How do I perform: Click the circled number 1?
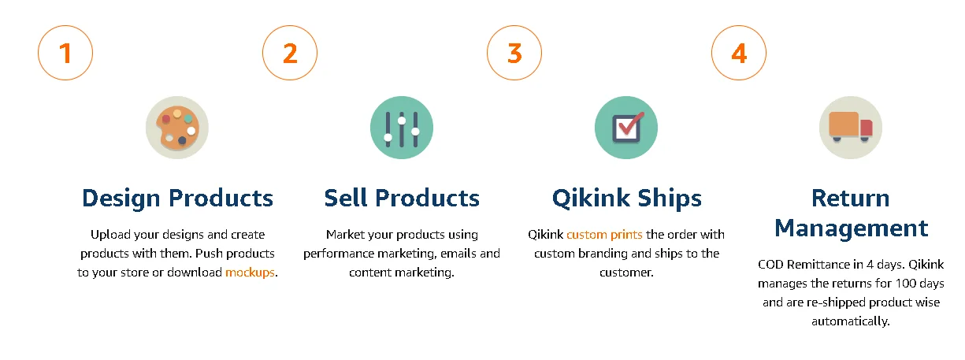tap(65, 54)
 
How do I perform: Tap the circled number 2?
tap(290, 54)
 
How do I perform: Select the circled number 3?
tap(514, 54)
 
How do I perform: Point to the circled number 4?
tap(739, 54)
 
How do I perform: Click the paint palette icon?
tap(177, 128)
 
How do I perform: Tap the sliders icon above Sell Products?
tap(402, 128)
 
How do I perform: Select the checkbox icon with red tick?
tap(626, 128)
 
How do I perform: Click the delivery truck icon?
tap(851, 128)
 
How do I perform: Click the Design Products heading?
tap(177, 198)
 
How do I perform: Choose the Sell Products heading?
tap(402, 198)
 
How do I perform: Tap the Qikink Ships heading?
tap(626, 198)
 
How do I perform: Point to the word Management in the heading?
tap(851, 228)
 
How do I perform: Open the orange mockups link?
tap(250, 273)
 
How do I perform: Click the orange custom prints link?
tap(604, 235)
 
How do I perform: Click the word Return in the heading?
tap(851, 198)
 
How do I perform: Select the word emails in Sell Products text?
tap(451, 254)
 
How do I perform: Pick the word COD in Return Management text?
tap(771, 265)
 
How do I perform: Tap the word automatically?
tap(851, 321)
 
